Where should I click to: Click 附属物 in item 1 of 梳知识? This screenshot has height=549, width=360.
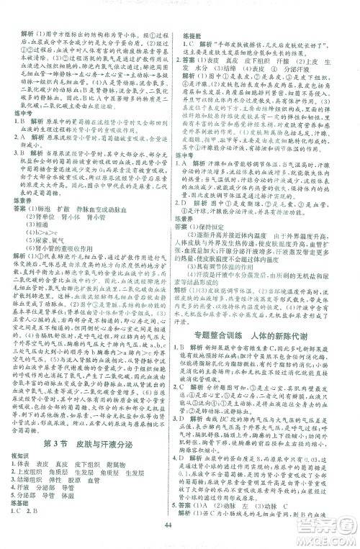(x=121, y=426)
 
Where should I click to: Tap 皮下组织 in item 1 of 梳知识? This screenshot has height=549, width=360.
(x=90, y=426)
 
